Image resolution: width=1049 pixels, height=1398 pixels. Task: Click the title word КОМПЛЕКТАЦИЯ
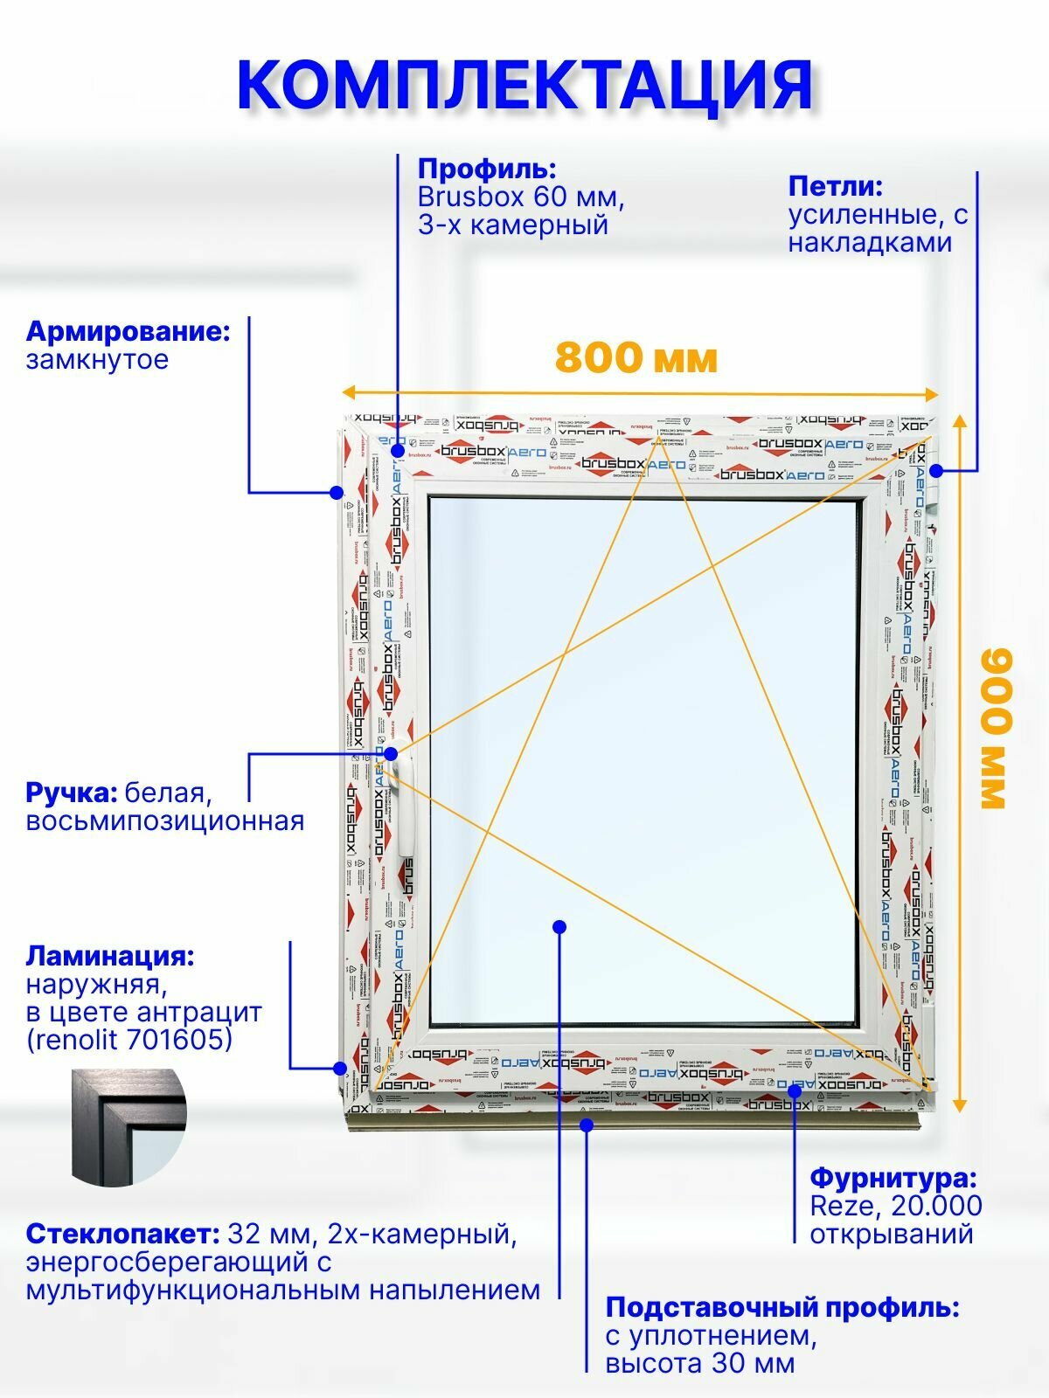524,85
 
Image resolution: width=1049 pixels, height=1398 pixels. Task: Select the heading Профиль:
487,169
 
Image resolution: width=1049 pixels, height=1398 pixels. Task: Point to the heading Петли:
835,186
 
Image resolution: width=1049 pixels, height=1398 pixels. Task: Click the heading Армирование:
128,331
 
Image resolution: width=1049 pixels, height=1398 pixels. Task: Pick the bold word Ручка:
71,792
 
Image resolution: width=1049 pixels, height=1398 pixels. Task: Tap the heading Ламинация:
110,956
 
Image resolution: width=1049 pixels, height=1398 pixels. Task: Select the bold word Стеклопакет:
122,1234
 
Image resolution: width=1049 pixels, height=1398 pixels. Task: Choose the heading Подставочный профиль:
782,1308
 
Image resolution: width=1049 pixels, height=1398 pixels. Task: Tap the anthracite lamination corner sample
129,1127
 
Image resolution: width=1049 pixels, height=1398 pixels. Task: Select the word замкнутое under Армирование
97,359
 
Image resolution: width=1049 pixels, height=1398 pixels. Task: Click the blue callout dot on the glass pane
559,926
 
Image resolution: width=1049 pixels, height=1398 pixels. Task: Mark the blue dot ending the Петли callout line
936,470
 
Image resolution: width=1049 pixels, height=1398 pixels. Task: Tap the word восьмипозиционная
164,821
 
